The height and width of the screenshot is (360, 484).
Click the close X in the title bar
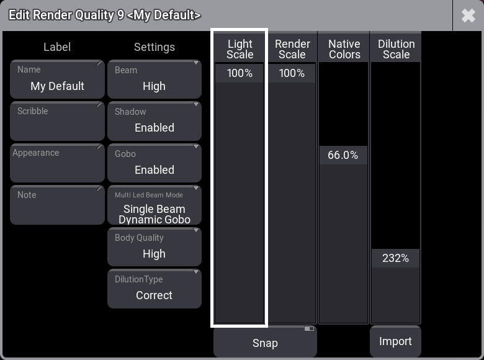[x=468, y=16]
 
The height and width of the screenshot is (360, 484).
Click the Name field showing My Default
[x=58, y=79]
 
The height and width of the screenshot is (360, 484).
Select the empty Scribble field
[x=58, y=121]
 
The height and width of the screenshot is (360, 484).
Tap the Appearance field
[x=58, y=163]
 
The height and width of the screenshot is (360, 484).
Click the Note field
[x=58, y=205]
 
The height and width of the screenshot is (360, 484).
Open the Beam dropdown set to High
[x=155, y=79]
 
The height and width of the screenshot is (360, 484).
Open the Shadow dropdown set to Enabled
[x=155, y=121]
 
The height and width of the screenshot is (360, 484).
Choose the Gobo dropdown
[x=155, y=163]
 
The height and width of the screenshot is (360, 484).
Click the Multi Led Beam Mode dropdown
[x=155, y=205]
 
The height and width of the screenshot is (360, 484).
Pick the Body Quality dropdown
[x=155, y=246]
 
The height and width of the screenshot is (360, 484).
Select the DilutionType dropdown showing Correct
[x=155, y=289]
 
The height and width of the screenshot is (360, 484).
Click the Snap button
[x=265, y=341]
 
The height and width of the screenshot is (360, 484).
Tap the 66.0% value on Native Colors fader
[x=343, y=155]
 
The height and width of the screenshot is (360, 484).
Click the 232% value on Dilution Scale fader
[x=395, y=258]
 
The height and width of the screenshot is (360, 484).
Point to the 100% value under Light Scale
[x=240, y=73]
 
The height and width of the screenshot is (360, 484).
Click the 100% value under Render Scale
[x=292, y=73]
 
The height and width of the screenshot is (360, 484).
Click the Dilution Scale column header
[x=396, y=49]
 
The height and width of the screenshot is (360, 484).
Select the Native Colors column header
[x=344, y=49]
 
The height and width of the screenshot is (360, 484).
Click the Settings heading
[x=155, y=47]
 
